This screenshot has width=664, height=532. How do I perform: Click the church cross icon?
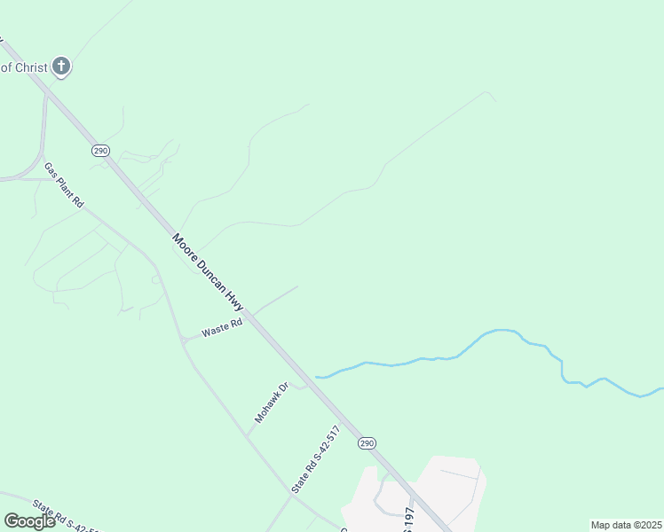(x=60, y=66)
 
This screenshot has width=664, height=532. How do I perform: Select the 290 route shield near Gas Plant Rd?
(x=99, y=151)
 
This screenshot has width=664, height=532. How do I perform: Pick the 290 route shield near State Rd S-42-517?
(x=368, y=442)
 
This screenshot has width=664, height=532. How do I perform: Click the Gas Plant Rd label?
(x=64, y=186)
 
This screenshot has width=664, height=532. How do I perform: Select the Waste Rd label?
(x=222, y=329)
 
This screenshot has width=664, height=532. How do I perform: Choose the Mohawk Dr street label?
(x=273, y=403)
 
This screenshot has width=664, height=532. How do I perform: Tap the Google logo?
(x=29, y=521)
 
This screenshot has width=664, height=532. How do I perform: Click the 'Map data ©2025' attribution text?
(x=626, y=525)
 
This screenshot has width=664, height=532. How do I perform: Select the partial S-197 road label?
(x=408, y=520)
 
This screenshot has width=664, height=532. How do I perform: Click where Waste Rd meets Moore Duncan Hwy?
(x=250, y=315)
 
